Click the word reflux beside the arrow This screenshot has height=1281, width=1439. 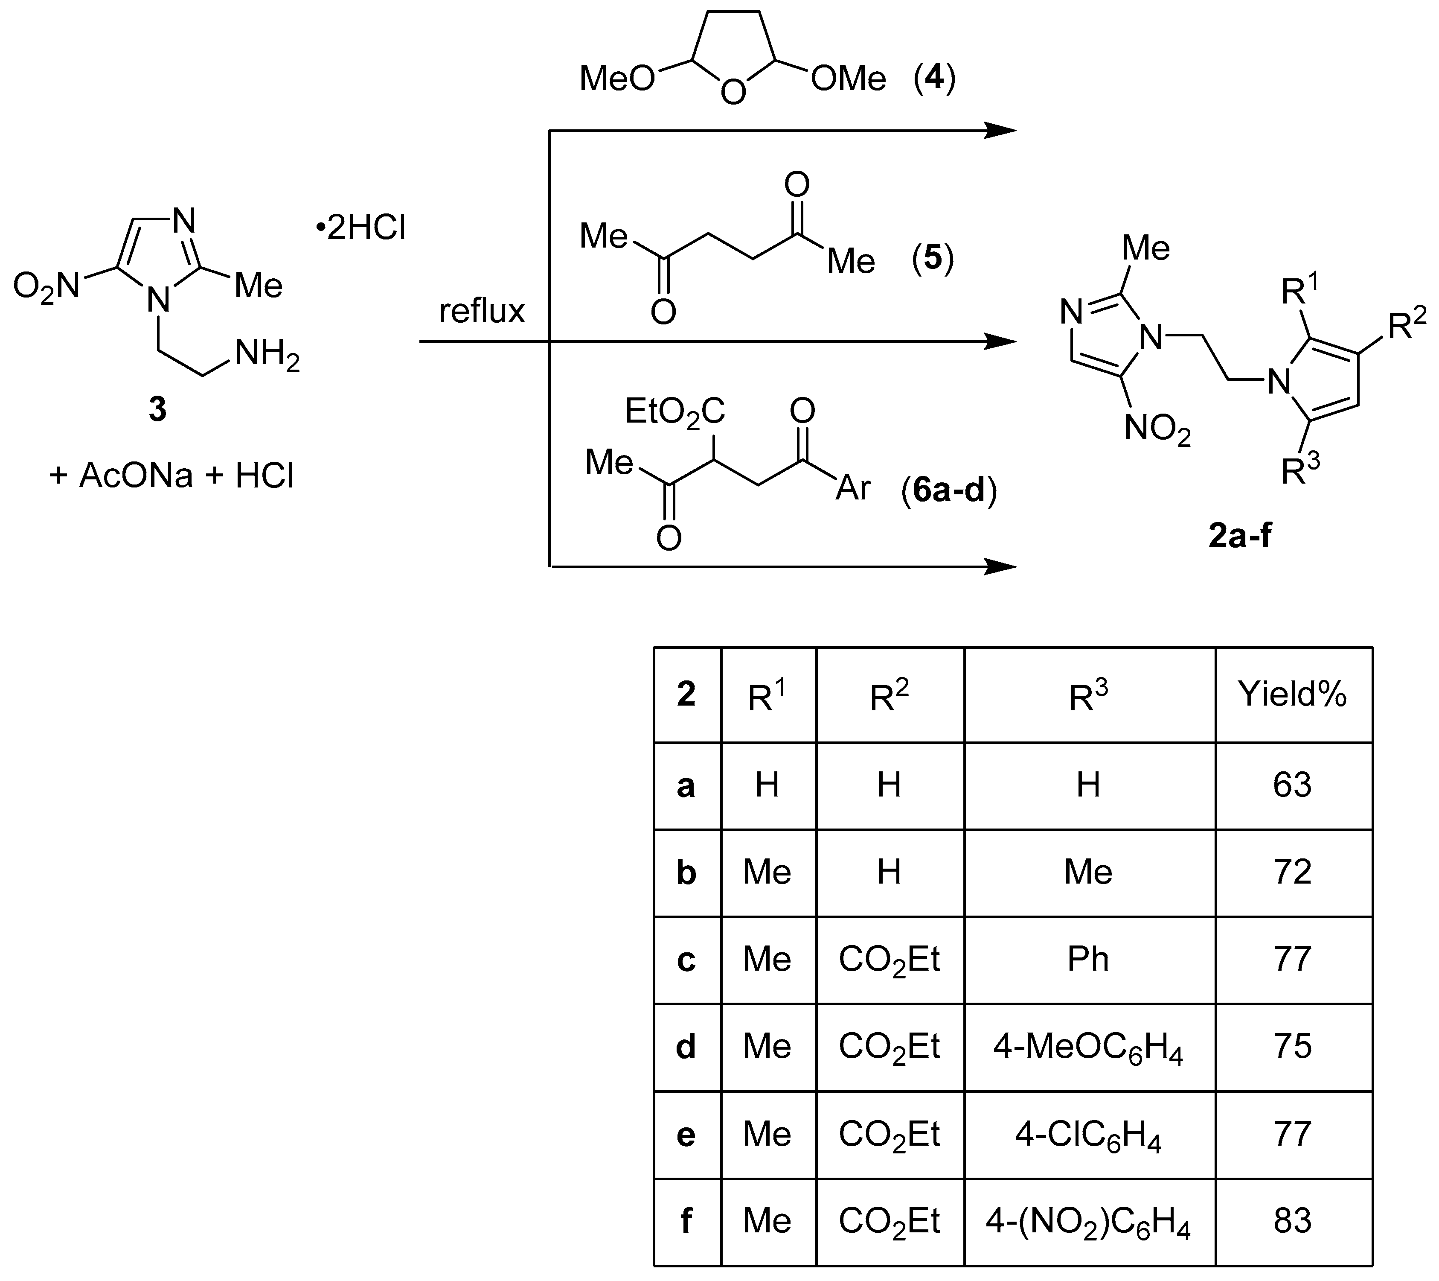pyautogui.click(x=482, y=311)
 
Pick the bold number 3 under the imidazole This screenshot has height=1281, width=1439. pyautogui.click(x=158, y=409)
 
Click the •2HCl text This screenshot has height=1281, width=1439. pyautogui.click(x=360, y=229)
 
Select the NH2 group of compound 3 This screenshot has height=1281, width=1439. pyautogui.click(x=266, y=354)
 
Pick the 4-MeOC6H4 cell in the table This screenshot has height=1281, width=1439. pyautogui.click(x=1088, y=1047)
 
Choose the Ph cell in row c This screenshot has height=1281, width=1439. pyautogui.click(x=1088, y=959)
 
